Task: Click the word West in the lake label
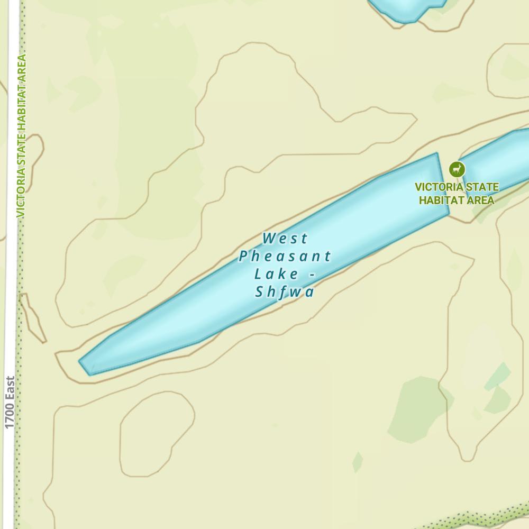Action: [285, 239]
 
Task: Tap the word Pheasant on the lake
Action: [285, 257]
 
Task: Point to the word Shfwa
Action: [285, 292]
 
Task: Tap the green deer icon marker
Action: [457, 169]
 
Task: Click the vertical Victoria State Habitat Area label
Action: [21, 136]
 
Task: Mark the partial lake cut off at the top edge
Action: [407, 8]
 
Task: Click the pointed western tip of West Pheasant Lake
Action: [83, 363]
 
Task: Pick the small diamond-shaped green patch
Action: [358, 462]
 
